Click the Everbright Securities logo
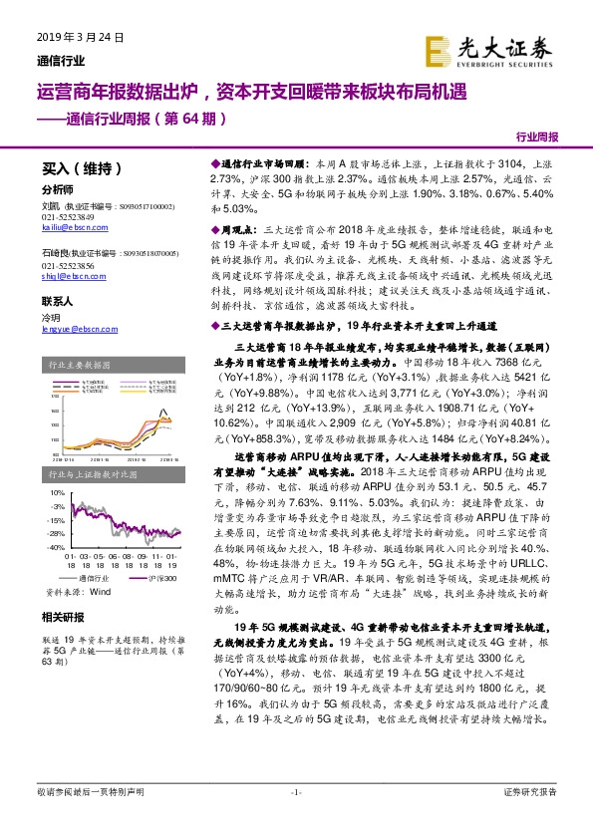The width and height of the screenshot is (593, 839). pos(487,48)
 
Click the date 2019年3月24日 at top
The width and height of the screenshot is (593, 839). pos(80,38)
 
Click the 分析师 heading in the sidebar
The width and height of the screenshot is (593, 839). pos(57,189)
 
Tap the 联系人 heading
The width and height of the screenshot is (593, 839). pos(57,300)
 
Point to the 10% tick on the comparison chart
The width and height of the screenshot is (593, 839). pos(57,491)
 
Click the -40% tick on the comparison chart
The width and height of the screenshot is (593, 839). pos(55,547)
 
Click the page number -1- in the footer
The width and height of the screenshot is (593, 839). pos(295,792)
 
